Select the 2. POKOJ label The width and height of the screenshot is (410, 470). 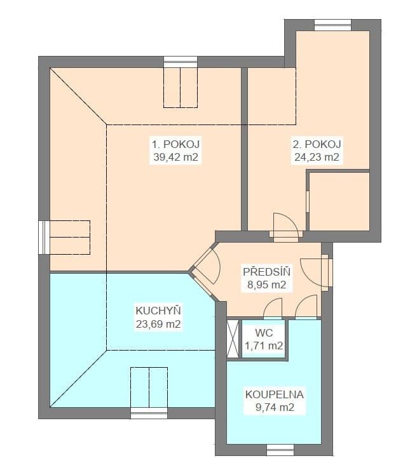[x=316, y=144]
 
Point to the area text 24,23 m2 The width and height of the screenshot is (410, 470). [x=316, y=158]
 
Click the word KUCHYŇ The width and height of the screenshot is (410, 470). [x=158, y=311]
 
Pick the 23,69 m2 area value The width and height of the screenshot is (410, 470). [x=158, y=324]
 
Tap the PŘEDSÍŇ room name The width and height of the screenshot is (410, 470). [x=266, y=272]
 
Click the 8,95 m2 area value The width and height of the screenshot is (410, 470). [x=266, y=285]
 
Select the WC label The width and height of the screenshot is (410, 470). [x=264, y=333]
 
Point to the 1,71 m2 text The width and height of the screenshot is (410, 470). [x=264, y=346]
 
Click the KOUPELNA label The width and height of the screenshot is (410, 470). [x=275, y=394]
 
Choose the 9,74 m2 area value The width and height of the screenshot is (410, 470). [x=275, y=408]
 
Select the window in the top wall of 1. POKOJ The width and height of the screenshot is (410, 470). [x=181, y=62]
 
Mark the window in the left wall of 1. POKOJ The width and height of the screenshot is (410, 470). [x=43, y=237]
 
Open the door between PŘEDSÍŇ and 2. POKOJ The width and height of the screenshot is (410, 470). [x=284, y=234]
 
